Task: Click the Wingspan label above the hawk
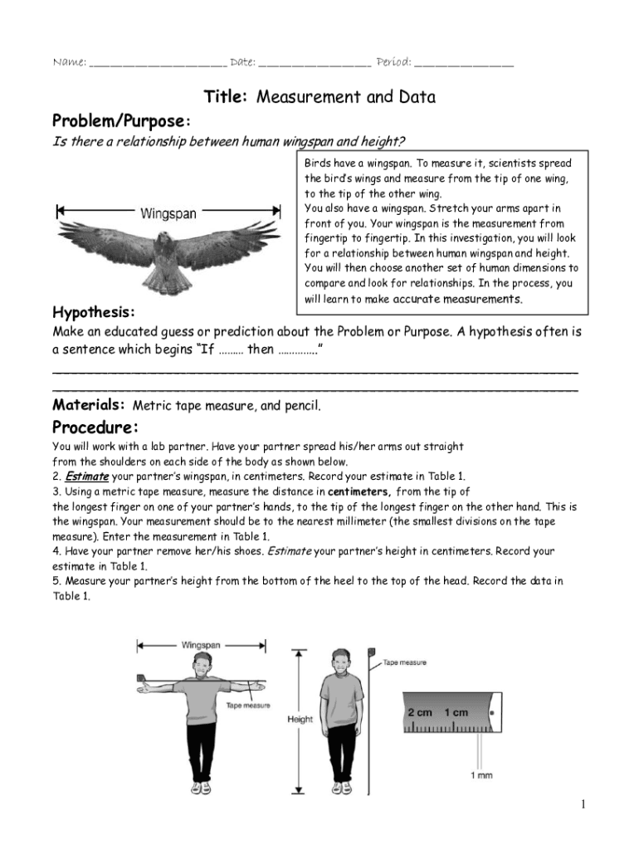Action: pos(168,213)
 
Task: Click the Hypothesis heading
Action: pos(94,313)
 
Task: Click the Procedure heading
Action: pos(95,428)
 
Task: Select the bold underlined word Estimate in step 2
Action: pos(86,476)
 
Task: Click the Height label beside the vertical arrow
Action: pos(300,720)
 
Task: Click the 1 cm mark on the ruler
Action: pos(456,713)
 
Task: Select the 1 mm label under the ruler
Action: pos(480,775)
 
